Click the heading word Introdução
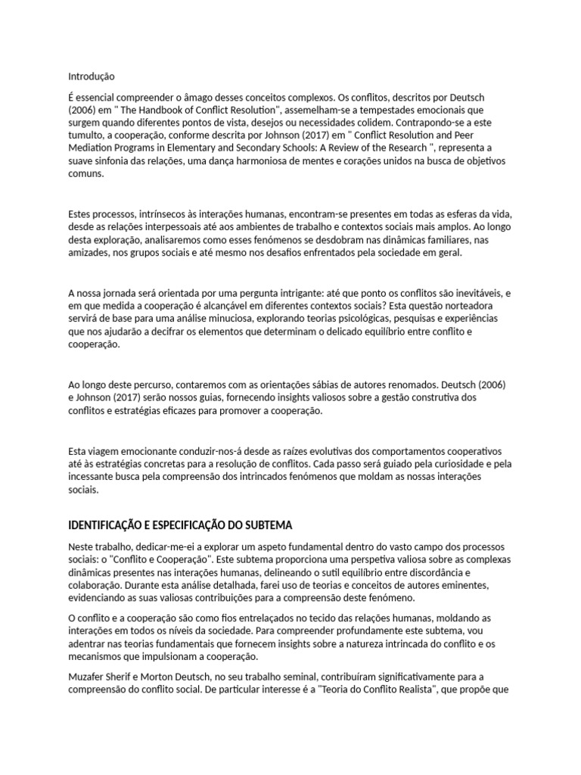click(91, 76)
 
